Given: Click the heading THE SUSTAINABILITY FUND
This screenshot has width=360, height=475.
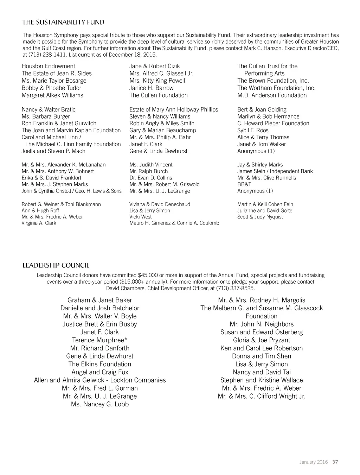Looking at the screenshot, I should click(x=63, y=23).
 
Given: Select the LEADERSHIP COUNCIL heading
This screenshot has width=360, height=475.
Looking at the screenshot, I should click(x=56, y=265).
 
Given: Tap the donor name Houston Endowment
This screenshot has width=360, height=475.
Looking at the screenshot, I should click(x=49, y=66).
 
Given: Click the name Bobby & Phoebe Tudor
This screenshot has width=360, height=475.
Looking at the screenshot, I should click(x=51, y=88).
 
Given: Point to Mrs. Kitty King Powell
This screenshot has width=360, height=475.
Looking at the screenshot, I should click(x=157, y=81).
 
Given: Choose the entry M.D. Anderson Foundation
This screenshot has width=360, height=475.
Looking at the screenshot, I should click(x=272, y=95).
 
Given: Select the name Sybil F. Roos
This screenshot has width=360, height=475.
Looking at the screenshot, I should click(x=253, y=130).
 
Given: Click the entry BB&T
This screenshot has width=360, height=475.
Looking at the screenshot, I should click(x=244, y=184).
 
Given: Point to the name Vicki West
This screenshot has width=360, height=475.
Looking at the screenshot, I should click(x=141, y=217).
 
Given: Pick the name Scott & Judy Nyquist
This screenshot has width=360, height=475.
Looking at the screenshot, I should click(x=260, y=217).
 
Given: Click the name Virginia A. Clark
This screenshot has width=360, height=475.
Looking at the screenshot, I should click(x=39, y=223).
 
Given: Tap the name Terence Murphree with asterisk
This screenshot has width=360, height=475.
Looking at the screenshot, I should click(x=99, y=340).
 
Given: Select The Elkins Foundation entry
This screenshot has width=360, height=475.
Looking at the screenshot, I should click(x=99, y=364).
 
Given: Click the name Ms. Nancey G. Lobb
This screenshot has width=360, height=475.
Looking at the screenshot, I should click(x=100, y=404).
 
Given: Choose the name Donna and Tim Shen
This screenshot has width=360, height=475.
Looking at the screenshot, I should click(x=262, y=356).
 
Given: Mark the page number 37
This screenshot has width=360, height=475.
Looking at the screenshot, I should click(x=335, y=462).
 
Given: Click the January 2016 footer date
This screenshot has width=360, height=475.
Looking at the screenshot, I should click(x=314, y=462).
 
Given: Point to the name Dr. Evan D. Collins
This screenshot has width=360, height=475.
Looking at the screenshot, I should click(x=151, y=178).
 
